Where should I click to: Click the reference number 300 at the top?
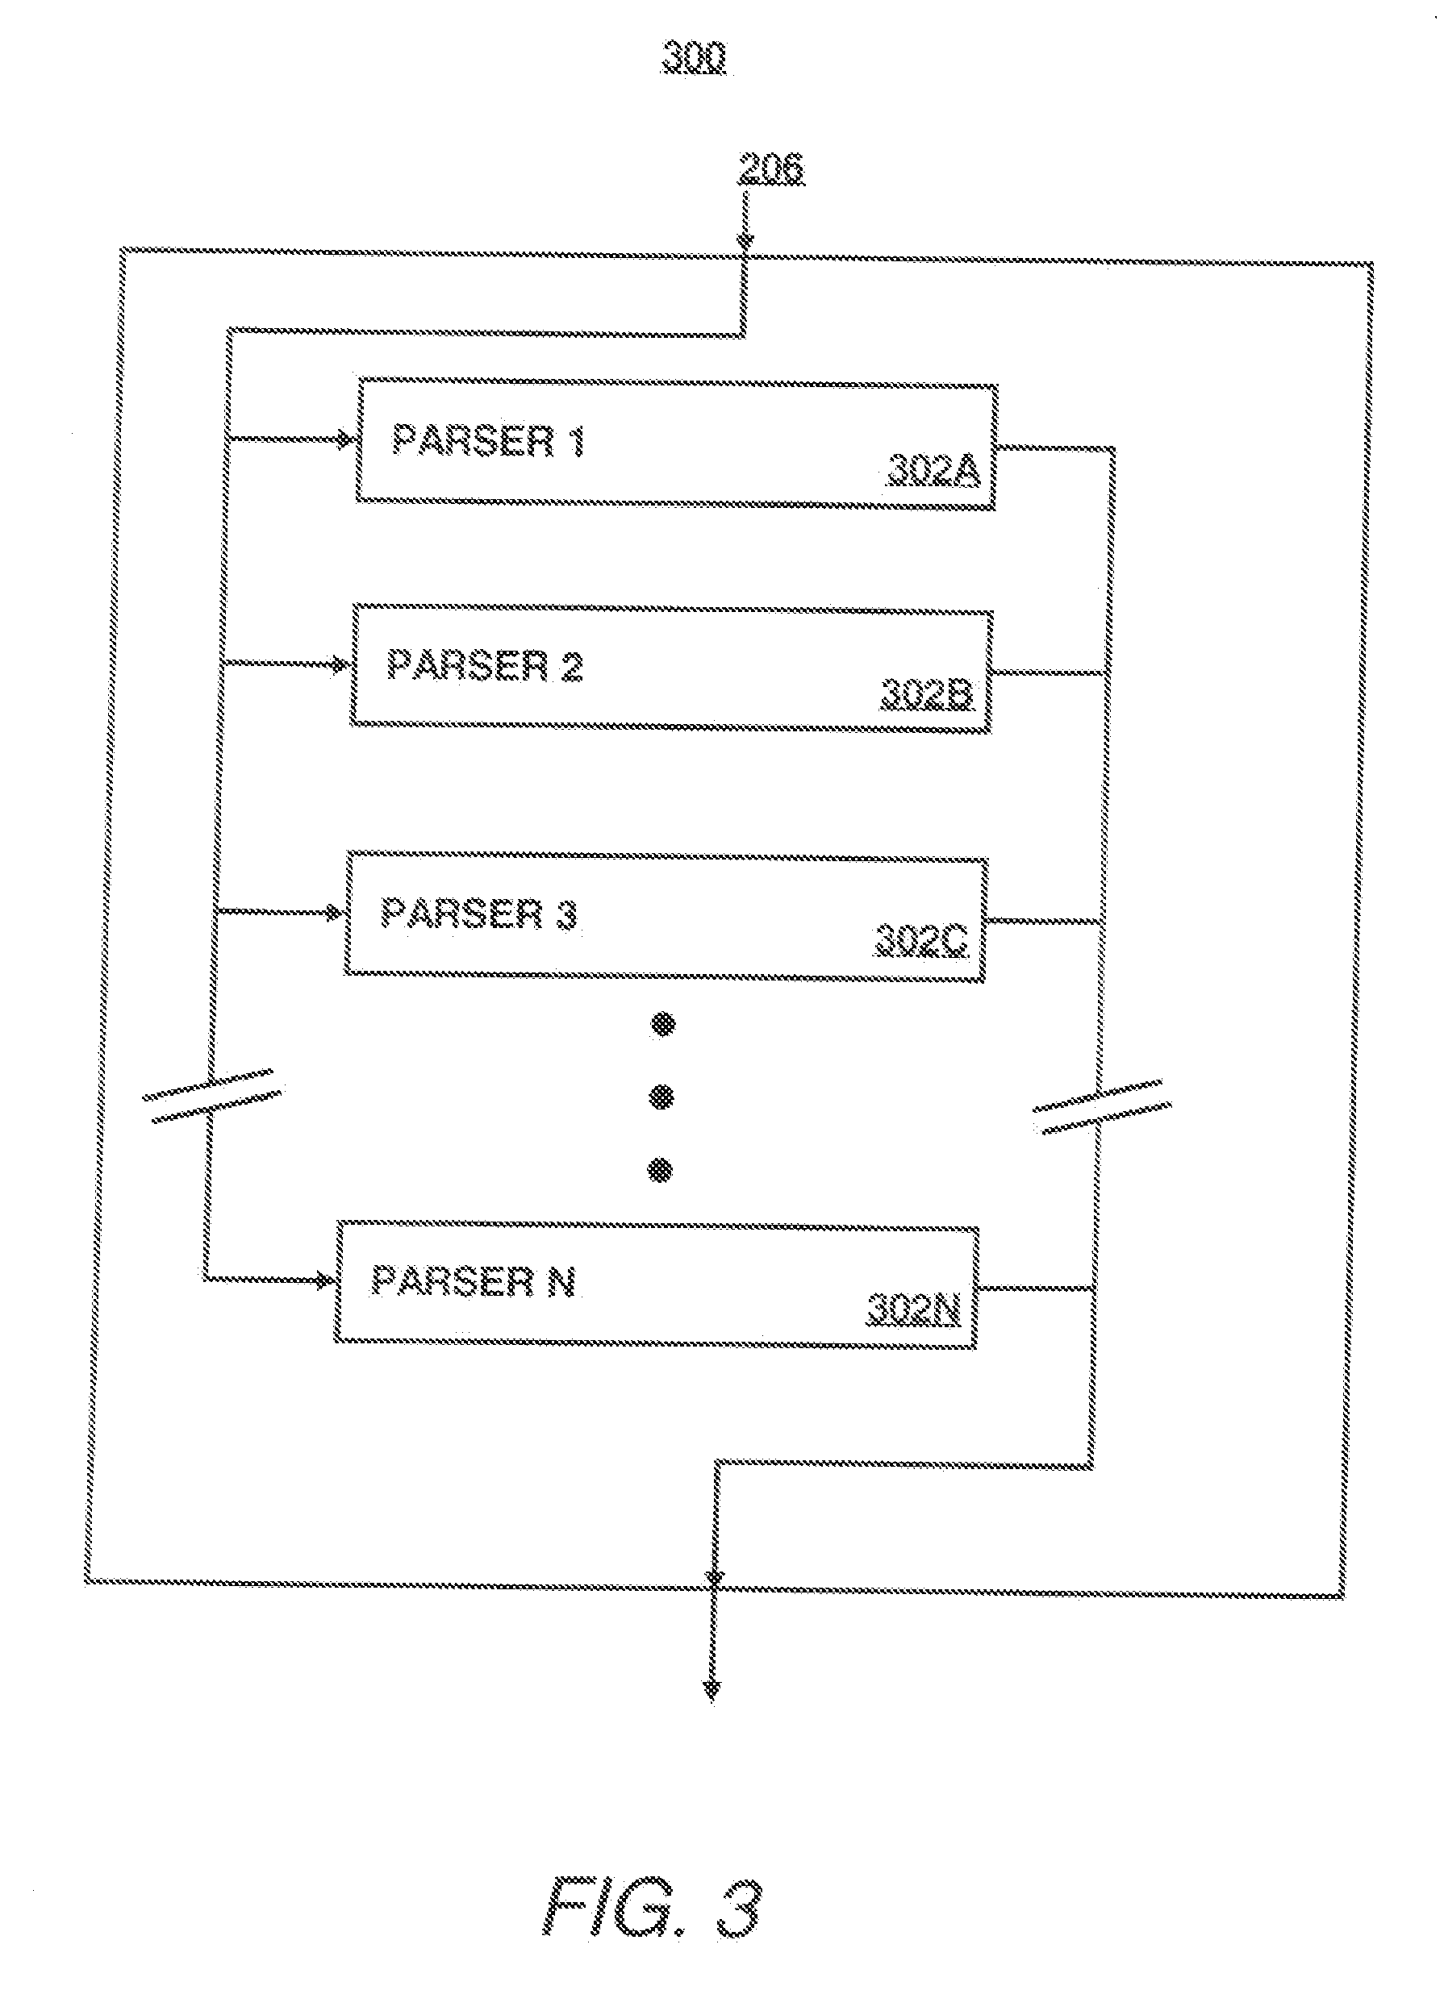pyautogui.click(x=693, y=58)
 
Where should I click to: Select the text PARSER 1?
pyautogui.click(x=488, y=441)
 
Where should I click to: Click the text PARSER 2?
pyautogui.click(x=484, y=665)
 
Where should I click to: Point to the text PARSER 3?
pyautogui.click(x=479, y=914)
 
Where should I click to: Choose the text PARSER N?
pyautogui.click(x=473, y=1280)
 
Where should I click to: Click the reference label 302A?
pyautogui.click(x=933, y=471)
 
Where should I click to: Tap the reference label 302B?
pyautogui.click(x=927, y=695)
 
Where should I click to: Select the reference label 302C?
pyautogui.click(x=921, y=940)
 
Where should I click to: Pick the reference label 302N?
pyautogui.click(x=913, y=1311)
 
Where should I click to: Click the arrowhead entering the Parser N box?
pyautogui.click(x=326, y=1280)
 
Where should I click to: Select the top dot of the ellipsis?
pyautogui.click(x=663, y=1026)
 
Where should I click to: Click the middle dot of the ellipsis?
pyautogui.click(x=662, y=1098)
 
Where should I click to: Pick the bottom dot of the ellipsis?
pyautogui.click(x=659, y=1171)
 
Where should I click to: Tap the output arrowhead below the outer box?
pyautogui.click(x=712, y=1691)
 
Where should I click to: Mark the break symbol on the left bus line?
pyautogui.click(x=213, y=1096)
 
